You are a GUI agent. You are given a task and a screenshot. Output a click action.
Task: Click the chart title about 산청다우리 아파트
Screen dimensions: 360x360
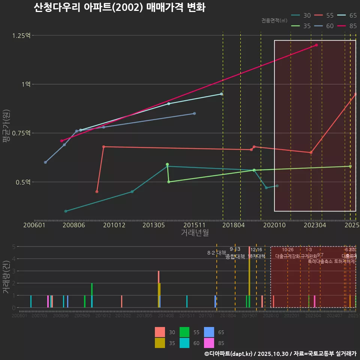(x=119, y=8)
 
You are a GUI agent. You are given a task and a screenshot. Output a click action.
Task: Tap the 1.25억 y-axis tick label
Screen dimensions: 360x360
(x=21, y=36)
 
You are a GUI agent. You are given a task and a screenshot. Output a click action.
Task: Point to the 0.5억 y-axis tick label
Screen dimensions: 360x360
(x=23, y=182)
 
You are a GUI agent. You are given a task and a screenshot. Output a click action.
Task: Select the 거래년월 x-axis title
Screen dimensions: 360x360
(x=195, y=232)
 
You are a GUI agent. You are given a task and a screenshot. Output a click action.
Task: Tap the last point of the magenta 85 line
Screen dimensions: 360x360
(x=316, y=45)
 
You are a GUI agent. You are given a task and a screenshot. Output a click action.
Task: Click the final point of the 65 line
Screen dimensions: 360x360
(x=221, y=94)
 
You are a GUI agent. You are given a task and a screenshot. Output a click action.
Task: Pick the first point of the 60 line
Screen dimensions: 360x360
(x=45, y=162)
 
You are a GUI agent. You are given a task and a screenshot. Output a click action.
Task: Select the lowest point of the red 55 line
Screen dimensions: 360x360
(x=97, y=192)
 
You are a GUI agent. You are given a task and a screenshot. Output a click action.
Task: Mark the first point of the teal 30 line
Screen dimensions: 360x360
(x=66, y=211)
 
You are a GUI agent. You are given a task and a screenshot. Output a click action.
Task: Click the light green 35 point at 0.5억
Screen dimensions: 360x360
(x=169, y=182)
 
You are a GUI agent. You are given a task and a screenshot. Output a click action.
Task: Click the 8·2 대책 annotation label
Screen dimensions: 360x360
(x=217, y=253)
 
